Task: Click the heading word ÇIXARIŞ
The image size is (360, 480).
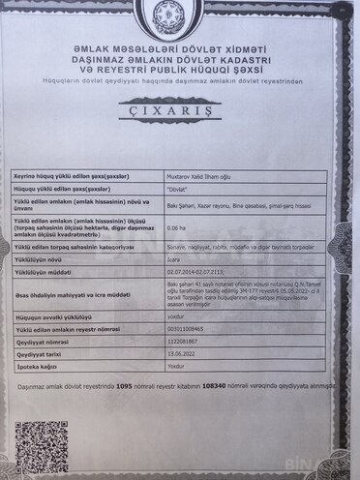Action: [x=180, y=138]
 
